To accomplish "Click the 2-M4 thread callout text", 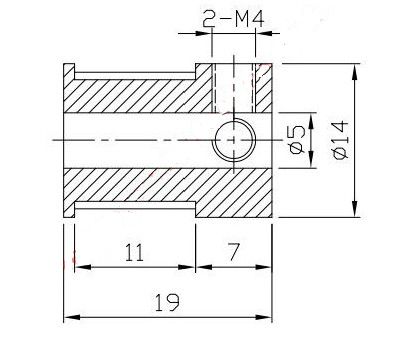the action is (233, 20).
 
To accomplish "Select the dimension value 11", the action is (134, 252).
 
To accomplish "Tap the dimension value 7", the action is (233, 252).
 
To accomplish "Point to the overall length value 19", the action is (167, 302).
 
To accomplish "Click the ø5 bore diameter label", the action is (297, 139).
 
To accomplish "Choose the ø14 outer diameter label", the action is (340, 140).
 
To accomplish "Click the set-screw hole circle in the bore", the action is (235, 140).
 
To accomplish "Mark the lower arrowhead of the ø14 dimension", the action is (355, 209).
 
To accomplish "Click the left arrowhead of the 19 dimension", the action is (72, 317).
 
